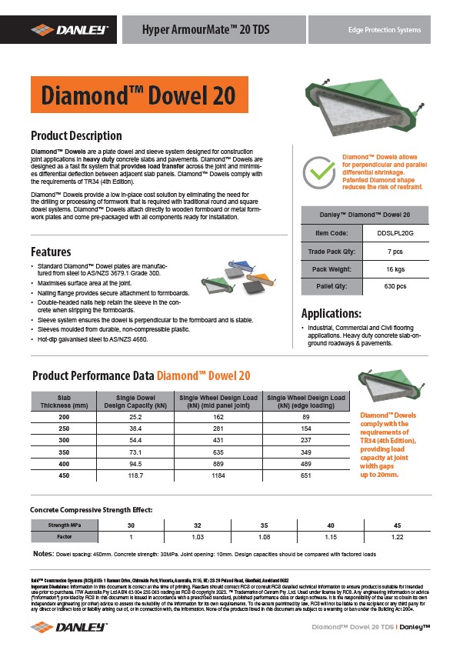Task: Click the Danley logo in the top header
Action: [x=69, y=29]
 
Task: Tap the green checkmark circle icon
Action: [x=317, y=173]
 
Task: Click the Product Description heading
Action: [x=75, y=136]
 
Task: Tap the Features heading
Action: [x=51, y=252]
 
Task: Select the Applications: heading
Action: [x=331, y=314]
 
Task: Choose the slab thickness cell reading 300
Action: [x=63, y=440]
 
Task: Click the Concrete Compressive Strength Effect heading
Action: [x=91, y=510]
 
